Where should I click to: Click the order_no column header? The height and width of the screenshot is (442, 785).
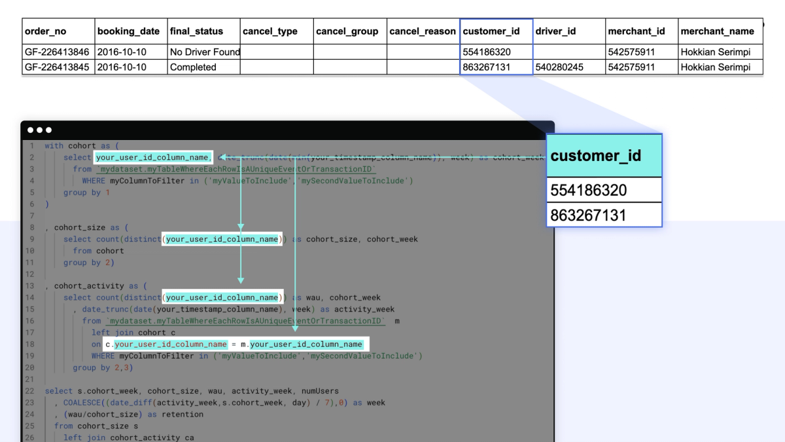click(x=45, y=31)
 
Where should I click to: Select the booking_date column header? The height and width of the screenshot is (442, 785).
click(x=128, y=31)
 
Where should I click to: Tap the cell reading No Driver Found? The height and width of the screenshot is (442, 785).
click(x=205, y=52)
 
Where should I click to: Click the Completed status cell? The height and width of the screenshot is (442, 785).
click(x=193, y=67)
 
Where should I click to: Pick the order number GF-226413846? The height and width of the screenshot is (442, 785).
click(x=57, y=52)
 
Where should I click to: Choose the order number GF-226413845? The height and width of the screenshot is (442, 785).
click(x=57, y=67)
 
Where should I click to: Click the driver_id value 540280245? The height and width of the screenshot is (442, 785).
click(x=559, y=67)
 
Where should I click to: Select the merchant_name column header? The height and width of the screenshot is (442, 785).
click(x=717, y=31)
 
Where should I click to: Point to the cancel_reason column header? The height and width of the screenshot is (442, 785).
click(x=422, y=31)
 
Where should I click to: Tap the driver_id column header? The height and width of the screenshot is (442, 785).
click(x=555, y=31)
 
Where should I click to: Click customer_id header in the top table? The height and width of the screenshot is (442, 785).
click(x=491, y=31)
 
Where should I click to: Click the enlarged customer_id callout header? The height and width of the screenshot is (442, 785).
click(x=596, y=156)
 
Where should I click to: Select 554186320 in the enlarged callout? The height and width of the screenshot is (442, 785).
click(x=589, y=191)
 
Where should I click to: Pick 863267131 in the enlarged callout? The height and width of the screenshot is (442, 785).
click(x=589, y=215)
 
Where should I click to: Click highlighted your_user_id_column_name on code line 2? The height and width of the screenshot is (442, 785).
click(x=153, y=157)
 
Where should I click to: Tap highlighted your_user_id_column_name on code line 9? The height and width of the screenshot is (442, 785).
click(x=222, y=239)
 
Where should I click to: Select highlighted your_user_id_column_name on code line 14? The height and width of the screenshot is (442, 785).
click(x=222, y=297)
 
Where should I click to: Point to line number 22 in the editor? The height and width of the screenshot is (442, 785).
click(x=30, y=391)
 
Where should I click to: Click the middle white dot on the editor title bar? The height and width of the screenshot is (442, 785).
click(x=39, y=130)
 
